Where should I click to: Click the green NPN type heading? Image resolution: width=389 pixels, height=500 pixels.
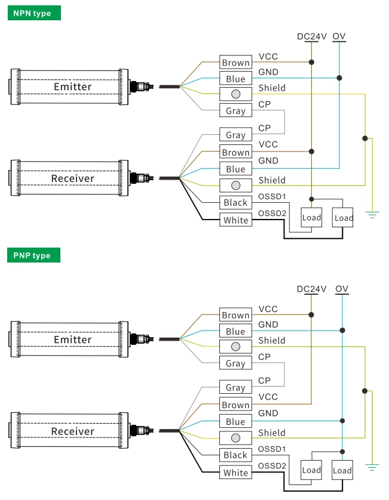(34, 13)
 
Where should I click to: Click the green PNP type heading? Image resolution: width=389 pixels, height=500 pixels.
(34, 255)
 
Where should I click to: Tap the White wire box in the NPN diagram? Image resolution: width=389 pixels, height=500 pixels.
(235, 220)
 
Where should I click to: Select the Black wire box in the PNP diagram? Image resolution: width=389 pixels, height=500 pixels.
(235, 455)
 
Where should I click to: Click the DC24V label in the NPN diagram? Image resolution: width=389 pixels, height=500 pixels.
(312, 36)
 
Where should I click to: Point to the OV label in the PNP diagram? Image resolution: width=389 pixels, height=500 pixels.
(341, 289)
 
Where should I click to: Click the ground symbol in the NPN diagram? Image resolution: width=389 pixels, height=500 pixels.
(372, 214)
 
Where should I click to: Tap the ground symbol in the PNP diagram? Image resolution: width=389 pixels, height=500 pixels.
(372, 467)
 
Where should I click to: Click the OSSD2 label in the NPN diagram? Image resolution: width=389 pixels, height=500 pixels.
(272, 213)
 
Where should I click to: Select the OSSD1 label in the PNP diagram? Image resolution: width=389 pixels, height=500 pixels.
(272, 449)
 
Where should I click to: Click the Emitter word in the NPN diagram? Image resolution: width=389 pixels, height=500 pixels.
(73, 87)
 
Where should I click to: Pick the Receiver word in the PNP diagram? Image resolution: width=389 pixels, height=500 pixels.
(73, 431)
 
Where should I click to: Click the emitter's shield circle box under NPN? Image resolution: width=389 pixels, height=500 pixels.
(235, 94)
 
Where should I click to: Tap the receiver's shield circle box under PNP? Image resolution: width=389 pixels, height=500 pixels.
(235, 438)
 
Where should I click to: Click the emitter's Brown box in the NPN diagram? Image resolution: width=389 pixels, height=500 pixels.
(235, 62)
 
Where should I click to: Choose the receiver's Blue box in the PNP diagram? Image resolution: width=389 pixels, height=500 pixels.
(235, 421)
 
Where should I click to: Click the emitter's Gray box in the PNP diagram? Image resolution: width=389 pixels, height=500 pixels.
(235, 363)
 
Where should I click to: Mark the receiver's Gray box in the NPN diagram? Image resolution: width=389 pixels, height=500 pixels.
(235, 135)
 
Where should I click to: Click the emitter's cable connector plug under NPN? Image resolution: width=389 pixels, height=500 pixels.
(142, 86)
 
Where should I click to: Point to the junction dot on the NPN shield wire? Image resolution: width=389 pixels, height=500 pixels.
(365, 138)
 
